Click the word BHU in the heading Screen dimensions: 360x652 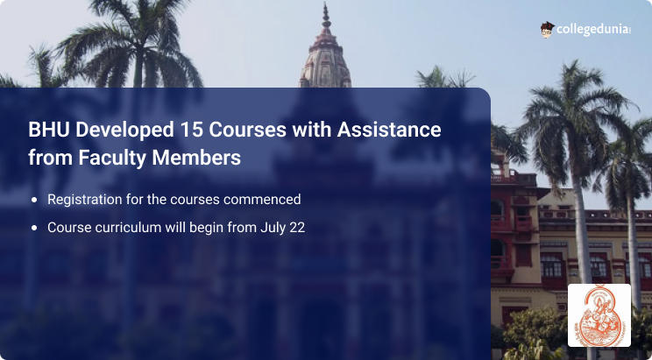click(46, 131)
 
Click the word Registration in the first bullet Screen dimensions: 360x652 click(87, 200)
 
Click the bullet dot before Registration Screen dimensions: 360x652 click(34, 201)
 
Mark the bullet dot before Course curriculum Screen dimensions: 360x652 click(34, 228)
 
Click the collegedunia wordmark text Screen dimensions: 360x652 click(593, 29)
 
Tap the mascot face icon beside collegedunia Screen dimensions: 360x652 click(547, 29)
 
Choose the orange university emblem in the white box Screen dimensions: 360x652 click(599, 314)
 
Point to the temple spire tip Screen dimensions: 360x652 click(326, 9)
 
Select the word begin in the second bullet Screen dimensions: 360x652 click(202, 227)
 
